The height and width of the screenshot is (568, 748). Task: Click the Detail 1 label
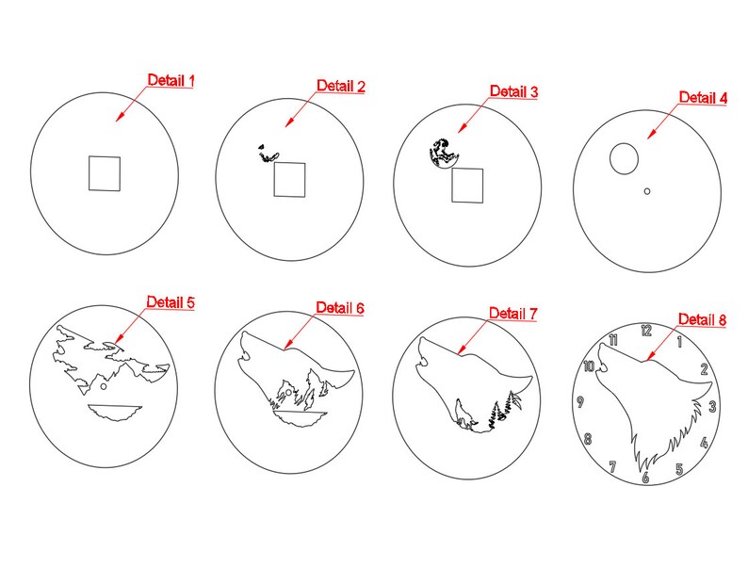coord(171,80)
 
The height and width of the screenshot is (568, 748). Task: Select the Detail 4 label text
coord(703,97)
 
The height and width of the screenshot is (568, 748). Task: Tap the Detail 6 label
coord(340,308)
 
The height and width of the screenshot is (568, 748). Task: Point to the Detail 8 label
coord(702,319)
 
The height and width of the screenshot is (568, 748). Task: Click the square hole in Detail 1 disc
coord(105,173)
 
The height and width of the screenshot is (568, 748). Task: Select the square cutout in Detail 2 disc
coord(289,179)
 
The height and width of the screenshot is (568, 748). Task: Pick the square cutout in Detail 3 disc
coord(467,185)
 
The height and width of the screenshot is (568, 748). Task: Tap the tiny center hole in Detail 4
coord(647,191)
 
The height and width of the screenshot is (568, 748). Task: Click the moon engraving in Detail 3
coord(443,154)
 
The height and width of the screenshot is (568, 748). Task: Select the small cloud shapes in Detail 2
coord(268,154)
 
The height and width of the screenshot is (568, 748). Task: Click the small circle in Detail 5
coord(104,386)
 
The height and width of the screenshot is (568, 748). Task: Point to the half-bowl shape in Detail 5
coord(115,413)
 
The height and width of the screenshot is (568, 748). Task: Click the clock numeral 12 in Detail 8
coord(646,330)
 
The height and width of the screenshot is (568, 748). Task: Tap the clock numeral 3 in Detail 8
coord(713,406)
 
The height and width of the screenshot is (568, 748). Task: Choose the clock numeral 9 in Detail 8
coord(580,401)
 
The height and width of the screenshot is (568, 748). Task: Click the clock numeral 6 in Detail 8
coord(646,477)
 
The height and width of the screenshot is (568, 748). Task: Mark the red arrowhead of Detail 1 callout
coord(121,117)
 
